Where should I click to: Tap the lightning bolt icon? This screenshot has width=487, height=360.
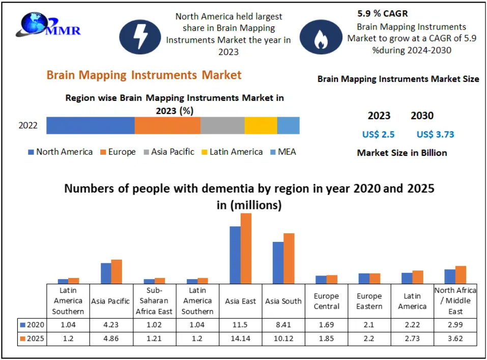pyautogui.click(x=140, y=37)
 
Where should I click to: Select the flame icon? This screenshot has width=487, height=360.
pyautogui.click(x=321, y=37)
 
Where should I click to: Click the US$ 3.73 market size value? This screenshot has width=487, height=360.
pyautogui.click(x=435, y=134)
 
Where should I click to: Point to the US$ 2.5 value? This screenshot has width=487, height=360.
pyautogui.click(x=378, y=134)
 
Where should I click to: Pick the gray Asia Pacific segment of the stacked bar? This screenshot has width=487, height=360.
pyautogui.click(x=222, y=125)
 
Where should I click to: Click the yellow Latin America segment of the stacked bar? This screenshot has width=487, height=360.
pyautogui.click(x=261, y=125)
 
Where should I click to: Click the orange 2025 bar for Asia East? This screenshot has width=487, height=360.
pyautogui.click(x=246, y=248)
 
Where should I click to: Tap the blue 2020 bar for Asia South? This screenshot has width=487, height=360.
pyautogui.click(x=278, y=263)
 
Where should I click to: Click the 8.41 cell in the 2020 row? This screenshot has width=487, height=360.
pyautogui.click(x=283, y=325)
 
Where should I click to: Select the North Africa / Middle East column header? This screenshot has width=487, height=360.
pyautogui.click(x=455, y=300)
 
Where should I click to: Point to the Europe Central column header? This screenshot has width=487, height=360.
pyautogui.click(x=326, y=300)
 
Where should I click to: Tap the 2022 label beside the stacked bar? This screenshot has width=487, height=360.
pyautogui.click(x=28, y=125)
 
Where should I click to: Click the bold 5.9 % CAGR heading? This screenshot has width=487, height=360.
pyautogui.click(x=383, y=14)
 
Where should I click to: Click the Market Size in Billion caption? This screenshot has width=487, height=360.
pyautogui.click(x=402, y=153)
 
